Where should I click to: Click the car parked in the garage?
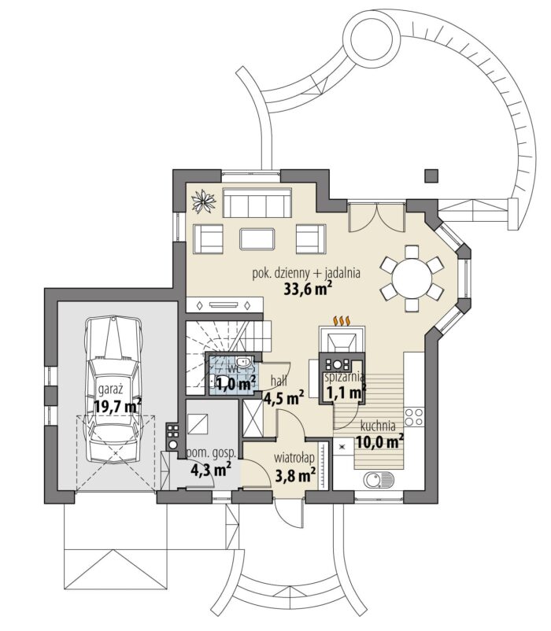pyautogui.click(x=114, y=389)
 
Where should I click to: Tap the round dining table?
pyautogui.click(x=412, y=278)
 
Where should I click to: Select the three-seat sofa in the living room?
pyautogui.click(x=257, y=202)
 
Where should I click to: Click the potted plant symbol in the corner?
pyautogui.click(x=204, y=201)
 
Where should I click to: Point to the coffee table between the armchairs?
pyautogui.click(x=257, y=239)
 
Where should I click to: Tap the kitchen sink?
pyautogui.click(x=379, y=479)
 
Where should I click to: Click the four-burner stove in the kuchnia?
pyautogui.click(x=414, y=417)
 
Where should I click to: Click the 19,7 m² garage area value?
pyautogui.click(x=117, y=406)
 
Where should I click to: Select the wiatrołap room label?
pyautogui.click(x=294, y=459)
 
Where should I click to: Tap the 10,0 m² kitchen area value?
pyautogui.click(x=379, y=442)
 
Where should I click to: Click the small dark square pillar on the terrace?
pyautogui.click(x=431, y=175)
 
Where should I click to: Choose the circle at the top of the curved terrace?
pyautogui.click(x=371, y=39)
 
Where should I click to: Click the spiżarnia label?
pyautogui.click(x=345, y=378)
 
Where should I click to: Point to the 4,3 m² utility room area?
pyautogui.click(x=210, y=469)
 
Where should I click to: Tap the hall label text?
pyautogui.click(x=279, y=381)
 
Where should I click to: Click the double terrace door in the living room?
pyautogui.click(x=376, y=217)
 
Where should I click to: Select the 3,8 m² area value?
pyautogui.click(x=295, y=475)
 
